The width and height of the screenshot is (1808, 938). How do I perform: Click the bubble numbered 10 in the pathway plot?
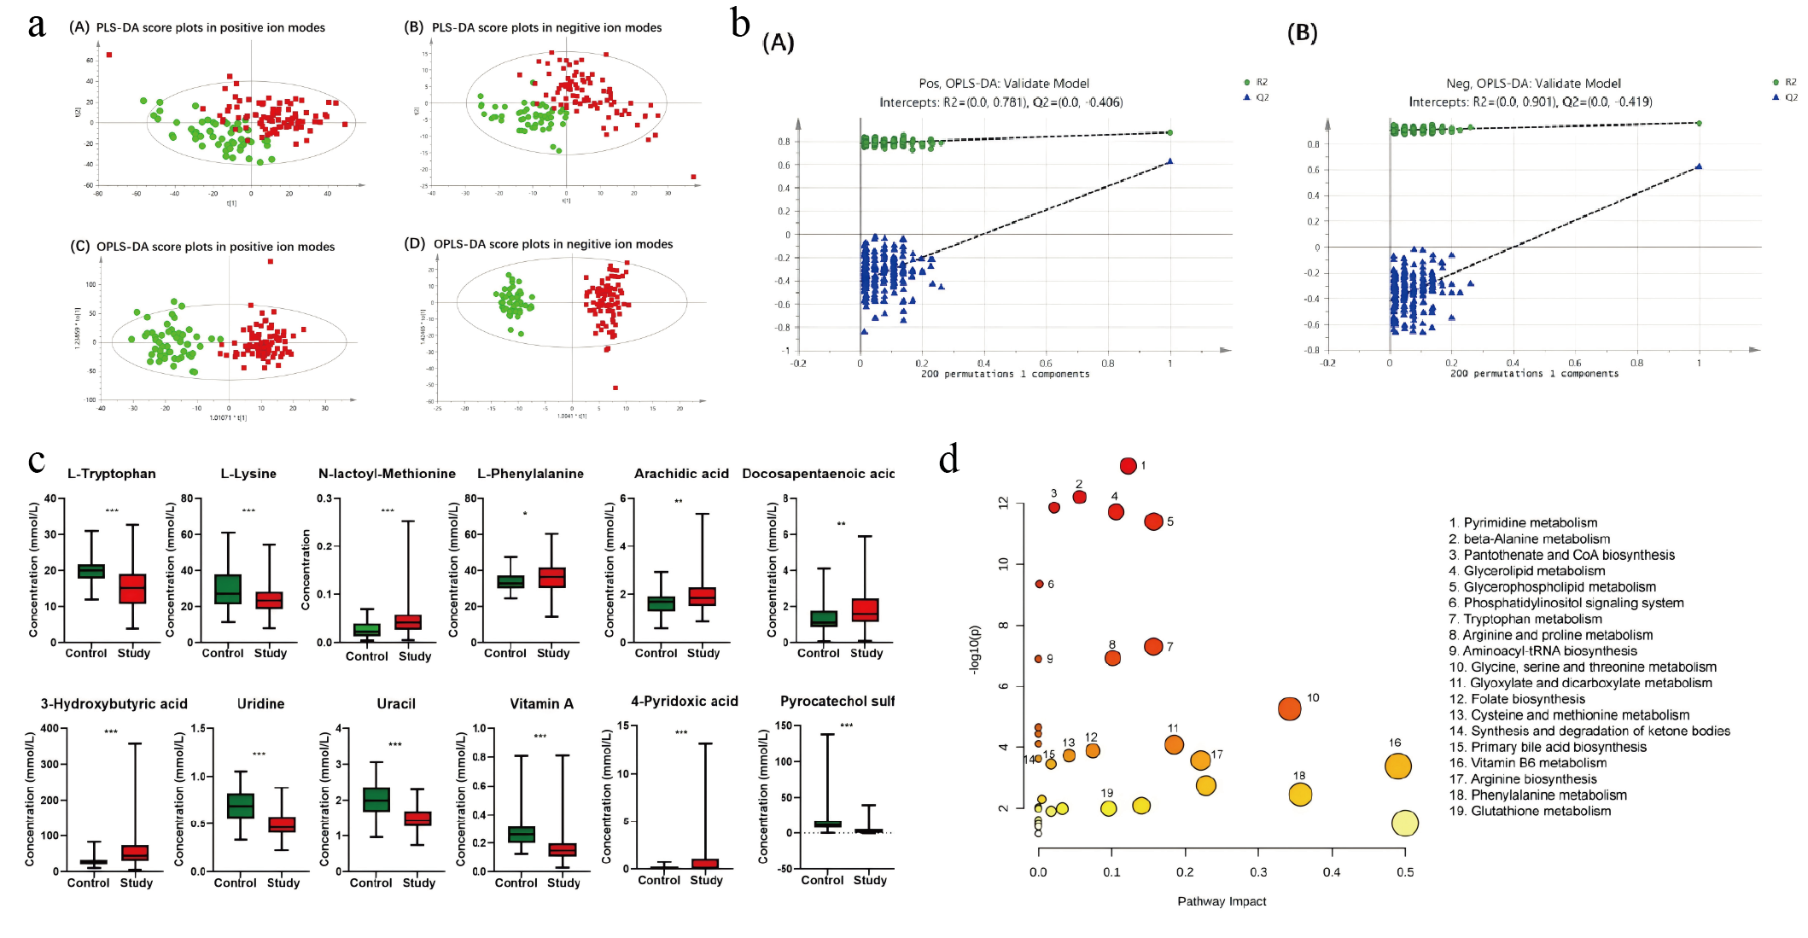[1289, 708]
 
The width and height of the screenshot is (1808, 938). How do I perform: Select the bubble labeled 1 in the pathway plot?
[1128, 466]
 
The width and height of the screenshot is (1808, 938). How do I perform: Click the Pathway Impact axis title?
[1222, 901]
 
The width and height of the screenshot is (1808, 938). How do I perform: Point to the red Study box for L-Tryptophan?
[132, 589]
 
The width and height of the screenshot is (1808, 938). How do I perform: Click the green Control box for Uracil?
[376, 800]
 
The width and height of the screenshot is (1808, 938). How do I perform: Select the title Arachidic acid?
[681, 474]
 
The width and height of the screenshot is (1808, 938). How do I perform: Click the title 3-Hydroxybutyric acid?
[114, 704]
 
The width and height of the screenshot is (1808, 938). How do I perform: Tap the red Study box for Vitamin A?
[563, 849]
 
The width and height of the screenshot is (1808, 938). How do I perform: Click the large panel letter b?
[740, 23]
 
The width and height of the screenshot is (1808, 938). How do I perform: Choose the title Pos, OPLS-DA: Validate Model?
[1004, 84]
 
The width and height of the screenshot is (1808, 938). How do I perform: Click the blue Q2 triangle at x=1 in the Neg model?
[1699, 166]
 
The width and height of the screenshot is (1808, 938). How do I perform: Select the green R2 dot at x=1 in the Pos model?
[1169, 132]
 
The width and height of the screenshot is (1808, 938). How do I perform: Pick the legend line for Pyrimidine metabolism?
[1523, 522]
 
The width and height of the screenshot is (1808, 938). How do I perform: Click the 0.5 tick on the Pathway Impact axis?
[1405, 872]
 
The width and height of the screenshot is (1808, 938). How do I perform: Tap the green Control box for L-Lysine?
[228, 589]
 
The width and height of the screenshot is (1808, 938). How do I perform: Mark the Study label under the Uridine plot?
[283, 883]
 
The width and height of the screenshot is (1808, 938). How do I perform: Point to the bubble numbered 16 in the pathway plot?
[1397, 766]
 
